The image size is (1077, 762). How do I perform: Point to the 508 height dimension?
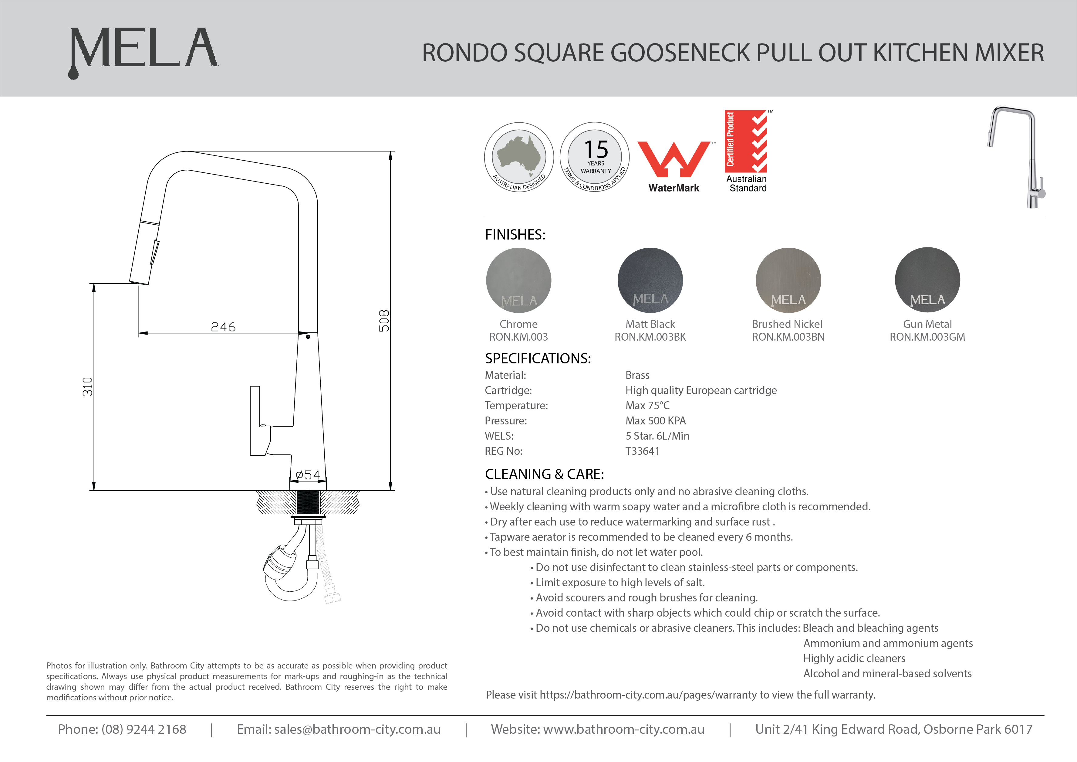[x=384, y=321]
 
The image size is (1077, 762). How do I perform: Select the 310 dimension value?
[x=88, y=386]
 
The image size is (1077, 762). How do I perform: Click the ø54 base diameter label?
[x=308, y=475]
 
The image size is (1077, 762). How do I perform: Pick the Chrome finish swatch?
[x=518, y=280]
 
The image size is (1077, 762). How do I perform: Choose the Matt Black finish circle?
[x=650, y=280]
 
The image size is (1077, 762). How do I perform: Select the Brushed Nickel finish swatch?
[x=788, y=280]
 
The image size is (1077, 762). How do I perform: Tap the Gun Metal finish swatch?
[x=927, y=280]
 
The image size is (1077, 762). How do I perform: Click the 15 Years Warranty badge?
[x=595, y=157]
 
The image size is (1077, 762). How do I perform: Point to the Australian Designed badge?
[x=519, y=157]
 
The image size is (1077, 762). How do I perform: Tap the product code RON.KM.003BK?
[x=650, y=337]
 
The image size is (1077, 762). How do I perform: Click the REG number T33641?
[x=642, y=451]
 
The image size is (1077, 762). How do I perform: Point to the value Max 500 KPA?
[x=655, y=421]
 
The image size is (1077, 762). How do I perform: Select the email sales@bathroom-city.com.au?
[x=357, y=729]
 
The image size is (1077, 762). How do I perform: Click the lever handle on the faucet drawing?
[x=256, y=420]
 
